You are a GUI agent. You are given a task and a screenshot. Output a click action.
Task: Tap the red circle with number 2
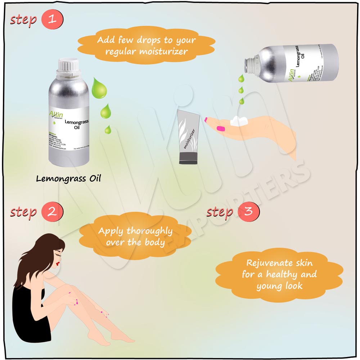coord(52,211)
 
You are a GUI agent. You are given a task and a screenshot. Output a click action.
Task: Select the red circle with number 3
coord(249,211)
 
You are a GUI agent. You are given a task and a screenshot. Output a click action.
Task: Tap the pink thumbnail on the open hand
coord(220,129)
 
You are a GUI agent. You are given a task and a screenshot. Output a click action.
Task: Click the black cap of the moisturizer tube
coord(188,158)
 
